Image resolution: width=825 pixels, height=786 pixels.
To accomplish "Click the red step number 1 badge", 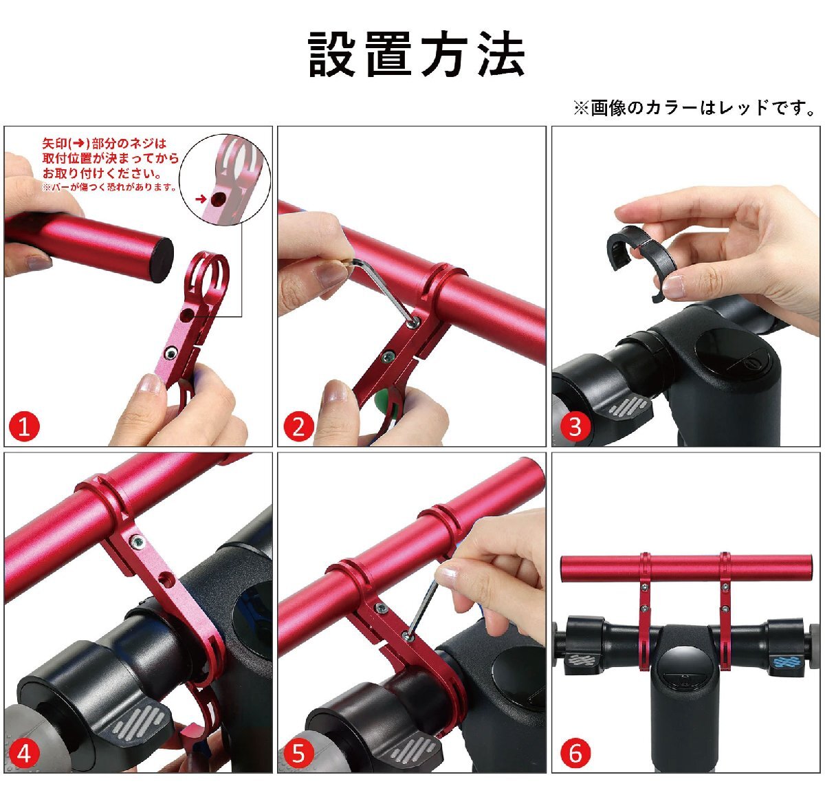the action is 24,427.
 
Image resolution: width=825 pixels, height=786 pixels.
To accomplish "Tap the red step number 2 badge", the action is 298,427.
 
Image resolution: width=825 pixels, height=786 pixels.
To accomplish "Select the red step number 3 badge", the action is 575,427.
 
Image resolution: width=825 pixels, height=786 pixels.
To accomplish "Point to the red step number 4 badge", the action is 24,753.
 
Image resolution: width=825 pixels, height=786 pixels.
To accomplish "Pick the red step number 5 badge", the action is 298,753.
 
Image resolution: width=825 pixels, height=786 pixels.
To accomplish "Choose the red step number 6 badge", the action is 575,753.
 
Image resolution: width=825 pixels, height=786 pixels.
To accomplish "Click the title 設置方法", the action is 416,54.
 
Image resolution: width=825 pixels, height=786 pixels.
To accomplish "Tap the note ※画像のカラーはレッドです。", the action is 695,108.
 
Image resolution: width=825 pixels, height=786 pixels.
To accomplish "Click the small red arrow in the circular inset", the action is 201,199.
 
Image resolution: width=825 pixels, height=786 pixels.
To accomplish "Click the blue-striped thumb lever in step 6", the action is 784,662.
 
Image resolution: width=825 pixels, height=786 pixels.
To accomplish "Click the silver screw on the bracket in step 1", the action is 170,353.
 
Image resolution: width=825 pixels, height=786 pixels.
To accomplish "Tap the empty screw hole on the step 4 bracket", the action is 166,580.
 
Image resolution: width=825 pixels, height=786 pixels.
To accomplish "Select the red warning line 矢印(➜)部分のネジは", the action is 104,144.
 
